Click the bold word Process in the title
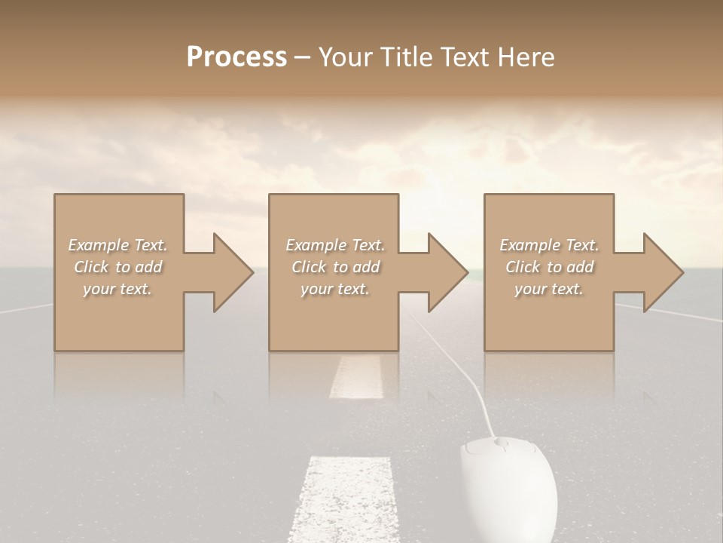click(236, 57)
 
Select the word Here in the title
click(526, 57)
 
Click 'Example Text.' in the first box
click(117, 245)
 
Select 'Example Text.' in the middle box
click(335, 245)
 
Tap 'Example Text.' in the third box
click(549, 245)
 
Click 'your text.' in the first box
click(117, 289)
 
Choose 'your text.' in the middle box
click(335, 289)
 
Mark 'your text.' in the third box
click(549, 289)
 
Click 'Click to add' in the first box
click(117, 267)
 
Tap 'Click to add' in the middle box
click(335, 267)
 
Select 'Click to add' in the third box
click(549, 267)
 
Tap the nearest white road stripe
click(346, 498)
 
